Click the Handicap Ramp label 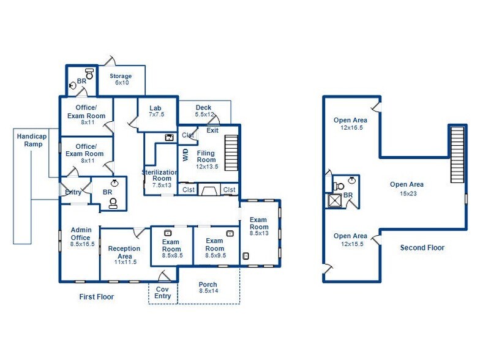tap(32, 140)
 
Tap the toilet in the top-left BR tap(89, 73)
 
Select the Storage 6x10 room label tap(121, 79)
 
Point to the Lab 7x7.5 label tap(156, 111)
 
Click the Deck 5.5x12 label tap(204, 111)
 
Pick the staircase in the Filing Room tap(231, 153)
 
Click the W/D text tap(186, 155)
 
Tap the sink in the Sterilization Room tap(169, 137)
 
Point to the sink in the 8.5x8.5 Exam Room tap(168, 233)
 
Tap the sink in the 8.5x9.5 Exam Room tap(230, 234)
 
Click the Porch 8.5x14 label tap(208, 288)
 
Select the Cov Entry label tap(163, 293)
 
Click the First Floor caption tap(97, 296)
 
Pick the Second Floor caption tap(422, 247)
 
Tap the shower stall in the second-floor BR tap(334, 201)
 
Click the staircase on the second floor tap(457, 154)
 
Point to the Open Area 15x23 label tap(407, 189)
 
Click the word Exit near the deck tap(212, 130)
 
